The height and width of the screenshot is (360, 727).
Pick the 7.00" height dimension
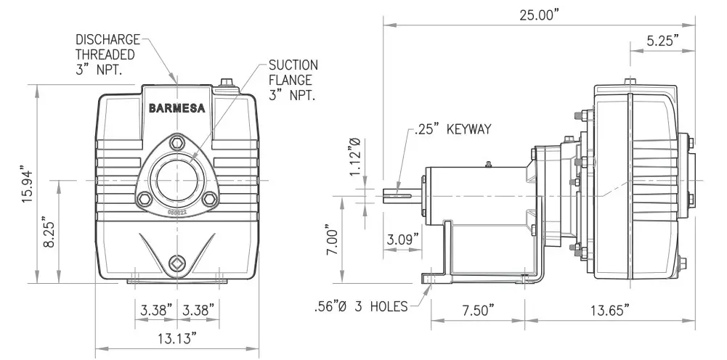333,240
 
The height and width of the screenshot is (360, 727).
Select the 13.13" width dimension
177,337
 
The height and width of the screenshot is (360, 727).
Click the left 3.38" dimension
156,310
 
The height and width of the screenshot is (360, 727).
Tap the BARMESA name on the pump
176,109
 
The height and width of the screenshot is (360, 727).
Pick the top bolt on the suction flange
177,143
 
